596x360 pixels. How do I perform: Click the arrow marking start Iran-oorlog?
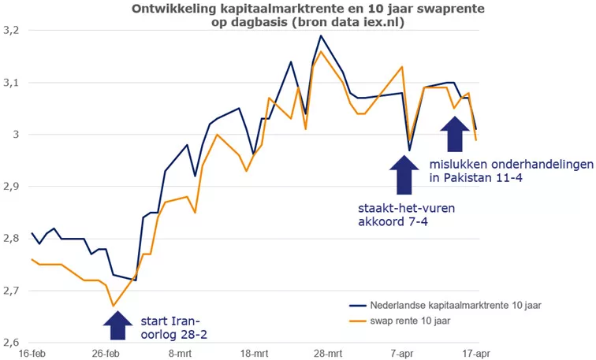pos(117,324)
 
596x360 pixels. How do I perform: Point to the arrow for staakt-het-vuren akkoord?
pos(404,174)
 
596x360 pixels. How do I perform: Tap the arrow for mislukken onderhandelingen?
pos(454,134)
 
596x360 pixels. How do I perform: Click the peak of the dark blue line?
pos(321,35)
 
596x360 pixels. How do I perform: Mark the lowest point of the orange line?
pos(114,306)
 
